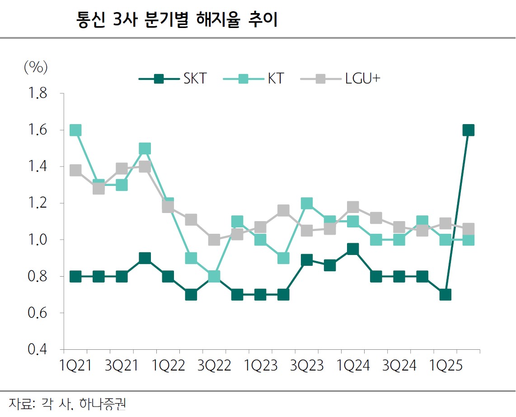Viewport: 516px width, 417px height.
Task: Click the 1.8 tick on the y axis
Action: click(x=38, y=93)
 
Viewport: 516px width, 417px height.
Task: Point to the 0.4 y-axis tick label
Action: click(x=38, y=349)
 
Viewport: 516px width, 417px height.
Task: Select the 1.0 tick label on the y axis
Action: click(x=38, y=240)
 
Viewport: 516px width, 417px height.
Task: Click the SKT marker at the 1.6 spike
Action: click(x=469, y=130)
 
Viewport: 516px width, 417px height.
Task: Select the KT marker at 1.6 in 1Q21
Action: click(x=75, y=130)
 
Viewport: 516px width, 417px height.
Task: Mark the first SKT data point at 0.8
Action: click(x=75, y=276)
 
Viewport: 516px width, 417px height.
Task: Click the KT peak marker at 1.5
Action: click(x=145, y=148)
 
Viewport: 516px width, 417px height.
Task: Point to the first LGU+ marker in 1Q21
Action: click(x=75, y=171)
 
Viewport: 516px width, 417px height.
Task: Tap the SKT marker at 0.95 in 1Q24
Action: click(x=353, y=249)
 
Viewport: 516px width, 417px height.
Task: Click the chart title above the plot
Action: click(x=177, y=21)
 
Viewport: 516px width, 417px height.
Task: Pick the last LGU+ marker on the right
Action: click(x=469, y=228)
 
